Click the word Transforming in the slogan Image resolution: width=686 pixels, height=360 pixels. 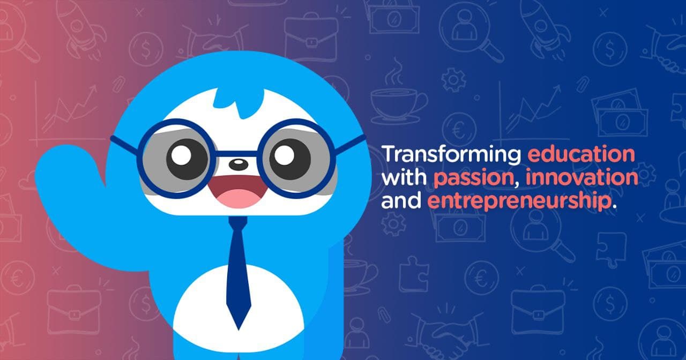tap(451, 155)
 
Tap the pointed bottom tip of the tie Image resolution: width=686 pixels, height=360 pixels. tap(238, 324)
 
